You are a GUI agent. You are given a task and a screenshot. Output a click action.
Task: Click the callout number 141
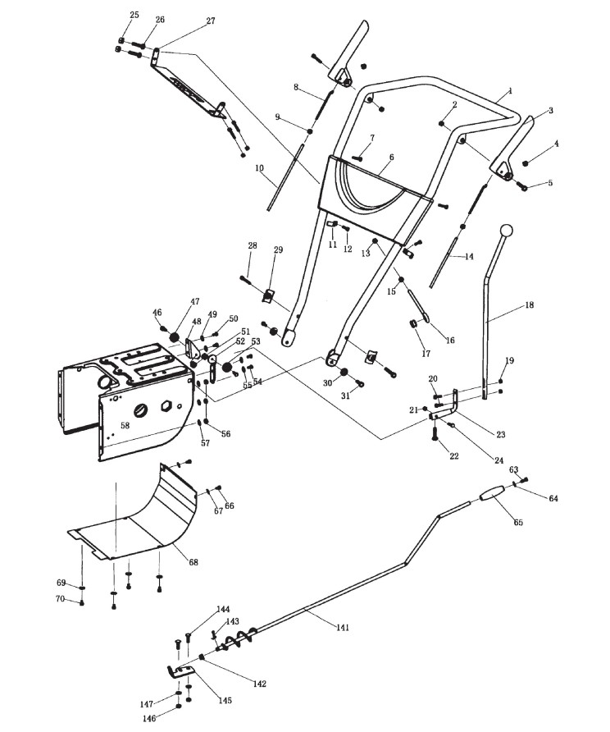[342, 627]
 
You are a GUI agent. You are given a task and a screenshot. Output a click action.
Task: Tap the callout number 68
[193, 561]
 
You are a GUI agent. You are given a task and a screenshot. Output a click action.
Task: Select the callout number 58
[125, 425]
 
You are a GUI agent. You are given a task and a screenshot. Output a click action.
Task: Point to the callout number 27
[211, 21]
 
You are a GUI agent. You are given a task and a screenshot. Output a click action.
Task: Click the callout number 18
[529, 304]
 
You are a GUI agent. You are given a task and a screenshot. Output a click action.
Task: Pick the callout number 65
[517, 522]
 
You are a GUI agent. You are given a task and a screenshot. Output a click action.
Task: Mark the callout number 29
[278, 249]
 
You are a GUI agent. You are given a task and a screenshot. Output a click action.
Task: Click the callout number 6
[391, 157]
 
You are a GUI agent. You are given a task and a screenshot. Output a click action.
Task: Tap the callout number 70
[60, 598]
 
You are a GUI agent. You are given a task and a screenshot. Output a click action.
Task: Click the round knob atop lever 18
[507, 231]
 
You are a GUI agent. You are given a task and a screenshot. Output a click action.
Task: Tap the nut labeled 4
[526, 162]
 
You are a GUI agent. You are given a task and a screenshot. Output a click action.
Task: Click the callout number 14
[469, 257]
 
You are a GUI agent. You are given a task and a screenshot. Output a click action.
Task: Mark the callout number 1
[510, 89]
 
